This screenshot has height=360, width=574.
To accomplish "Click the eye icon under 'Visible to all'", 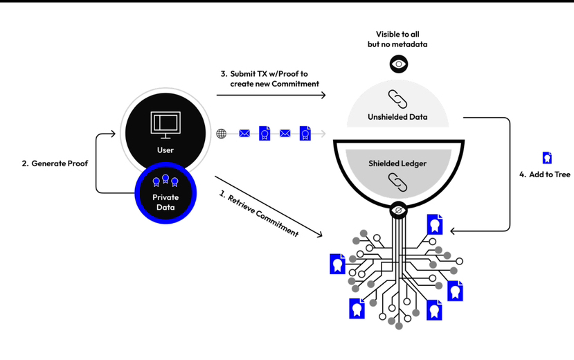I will (x=398, y=64).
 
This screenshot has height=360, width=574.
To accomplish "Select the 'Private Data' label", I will (x=165, y=202).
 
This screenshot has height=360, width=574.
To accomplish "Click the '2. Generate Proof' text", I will (x=54, y=164).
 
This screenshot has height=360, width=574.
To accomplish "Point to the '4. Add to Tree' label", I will (x=545, y=174).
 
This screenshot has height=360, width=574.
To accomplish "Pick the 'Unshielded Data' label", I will (x=397, y=118).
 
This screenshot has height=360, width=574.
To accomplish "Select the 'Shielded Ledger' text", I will (x=397, y=163).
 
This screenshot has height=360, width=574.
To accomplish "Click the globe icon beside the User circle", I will (x=221, y=134).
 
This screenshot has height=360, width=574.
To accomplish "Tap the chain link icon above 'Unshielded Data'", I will (x=398, y=100).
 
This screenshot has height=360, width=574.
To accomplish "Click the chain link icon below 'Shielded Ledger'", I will (x=398, y=180).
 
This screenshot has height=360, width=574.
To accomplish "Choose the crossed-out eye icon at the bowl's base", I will (x=398, y=208).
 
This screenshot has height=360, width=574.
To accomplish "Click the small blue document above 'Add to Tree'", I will (x=546, y=158).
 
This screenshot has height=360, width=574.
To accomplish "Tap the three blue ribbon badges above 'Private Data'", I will (x=165, y=181).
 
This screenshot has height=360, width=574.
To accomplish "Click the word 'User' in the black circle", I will (x=165, y=150).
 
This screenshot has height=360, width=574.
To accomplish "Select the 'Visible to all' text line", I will (x=397, y=34).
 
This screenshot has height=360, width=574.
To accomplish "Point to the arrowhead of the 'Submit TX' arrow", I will (x=323, y=95).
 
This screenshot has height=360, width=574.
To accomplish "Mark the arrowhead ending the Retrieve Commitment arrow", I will (x=320, y=236).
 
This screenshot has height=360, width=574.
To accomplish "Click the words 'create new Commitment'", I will (x=276, y=84).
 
